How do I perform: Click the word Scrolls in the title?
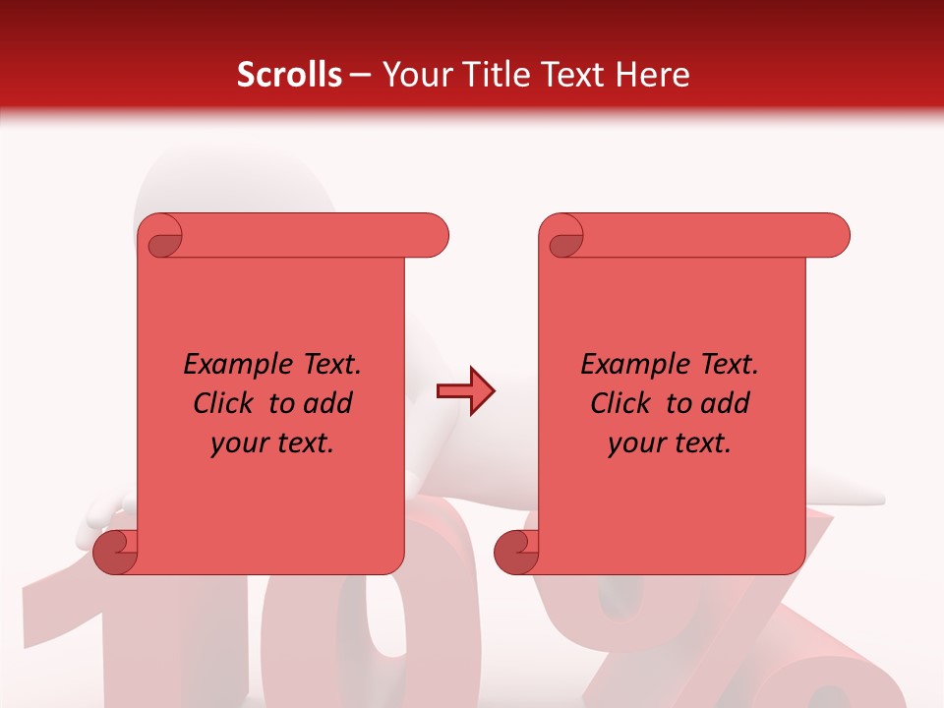click(x=288, y=75)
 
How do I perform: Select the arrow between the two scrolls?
click(x=465, y=391)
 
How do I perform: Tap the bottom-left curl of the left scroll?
click(x=115, y=552)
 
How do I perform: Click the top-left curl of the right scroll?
click(x=563, y=237)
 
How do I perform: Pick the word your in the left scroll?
click(x=240, y=443)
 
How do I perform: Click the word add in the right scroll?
click(x=726, y=404)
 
